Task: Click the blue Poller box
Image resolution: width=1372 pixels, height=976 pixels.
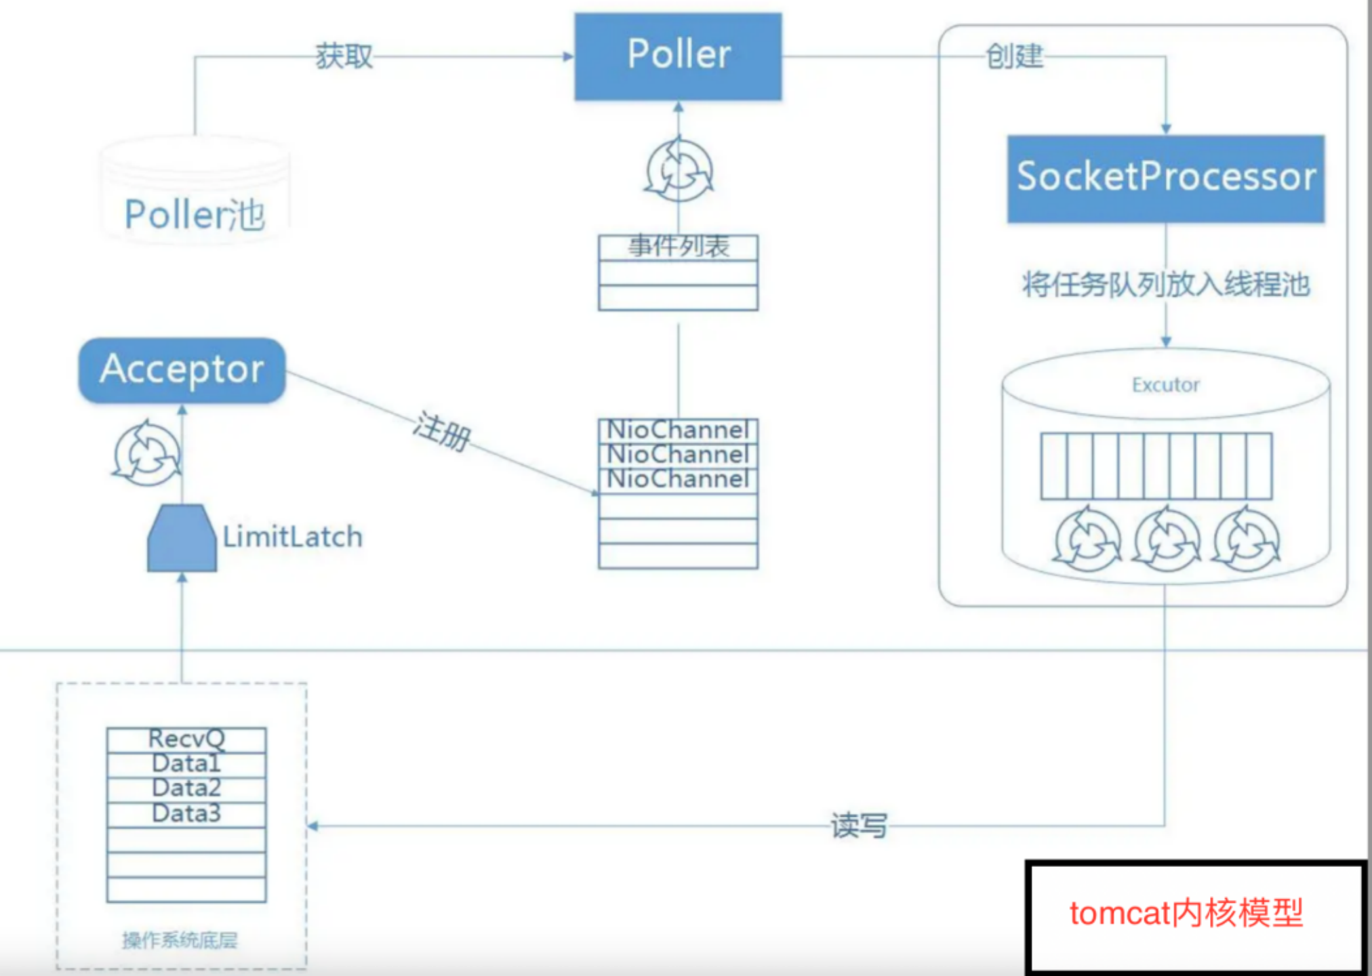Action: click(678, 56)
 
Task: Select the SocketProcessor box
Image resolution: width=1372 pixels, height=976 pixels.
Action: click(1165, 178)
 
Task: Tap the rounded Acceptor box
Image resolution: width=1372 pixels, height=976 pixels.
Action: click(182, 370)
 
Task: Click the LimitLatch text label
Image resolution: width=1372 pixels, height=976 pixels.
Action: click(292, 537)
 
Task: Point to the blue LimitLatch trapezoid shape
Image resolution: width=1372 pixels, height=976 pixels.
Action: click(182, 540)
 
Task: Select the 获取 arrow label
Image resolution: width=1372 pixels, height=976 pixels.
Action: click(344, 56)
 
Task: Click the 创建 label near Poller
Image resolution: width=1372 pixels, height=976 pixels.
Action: click(1014, 56)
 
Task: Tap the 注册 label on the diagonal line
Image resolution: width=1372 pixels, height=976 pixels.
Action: click(442, 431)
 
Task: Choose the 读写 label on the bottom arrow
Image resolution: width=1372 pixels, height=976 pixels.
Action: click(858, 826)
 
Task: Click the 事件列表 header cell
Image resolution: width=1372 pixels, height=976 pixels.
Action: click(678, 247)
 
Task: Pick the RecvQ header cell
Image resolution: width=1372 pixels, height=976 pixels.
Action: click(186, 739)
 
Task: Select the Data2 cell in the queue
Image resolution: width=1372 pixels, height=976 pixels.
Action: click(186, 788)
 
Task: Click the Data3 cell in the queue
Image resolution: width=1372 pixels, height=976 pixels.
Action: click(186, 813)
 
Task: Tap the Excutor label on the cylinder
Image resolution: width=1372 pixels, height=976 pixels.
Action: click(1165, 385)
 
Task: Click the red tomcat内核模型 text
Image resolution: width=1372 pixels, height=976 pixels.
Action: click(1186, 913)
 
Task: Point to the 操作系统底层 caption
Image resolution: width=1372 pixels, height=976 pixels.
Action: click(180, 940)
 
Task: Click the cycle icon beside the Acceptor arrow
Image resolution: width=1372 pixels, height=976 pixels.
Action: click(146, 453)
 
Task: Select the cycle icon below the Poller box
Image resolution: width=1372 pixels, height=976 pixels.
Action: click(678, 170)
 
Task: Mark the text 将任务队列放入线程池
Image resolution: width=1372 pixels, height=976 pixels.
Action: click(1165, 285)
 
